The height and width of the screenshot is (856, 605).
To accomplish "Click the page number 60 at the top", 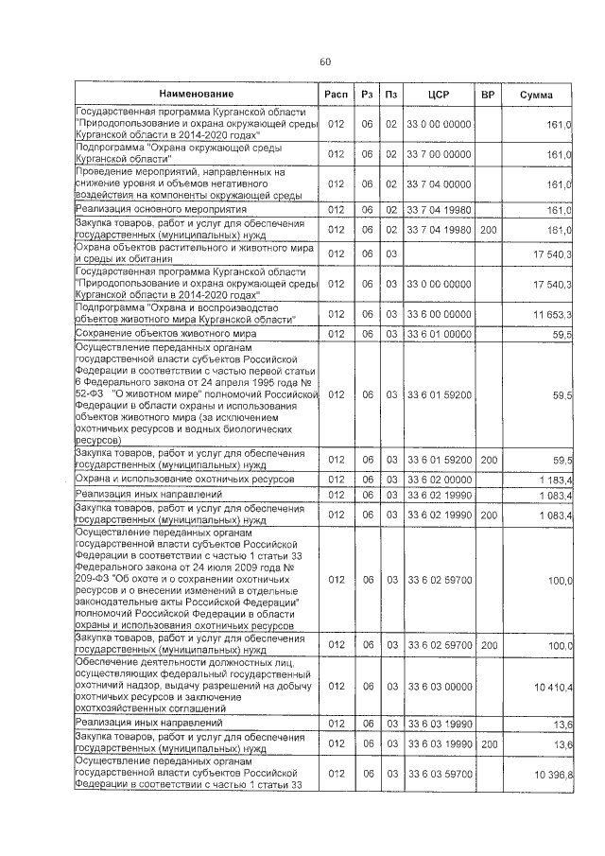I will [x=324, y=61].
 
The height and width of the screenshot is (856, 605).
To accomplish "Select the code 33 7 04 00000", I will [x=438, y=184].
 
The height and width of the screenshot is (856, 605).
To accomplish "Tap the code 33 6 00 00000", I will [x=438, y=313].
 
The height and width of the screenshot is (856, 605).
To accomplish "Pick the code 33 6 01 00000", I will [x=438, y=334].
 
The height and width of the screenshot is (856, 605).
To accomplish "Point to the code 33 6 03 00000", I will [x=438, y=686].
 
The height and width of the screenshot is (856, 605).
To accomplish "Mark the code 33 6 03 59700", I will [x=438, y=774].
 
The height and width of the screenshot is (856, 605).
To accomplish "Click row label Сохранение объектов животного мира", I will [x=157, y=334].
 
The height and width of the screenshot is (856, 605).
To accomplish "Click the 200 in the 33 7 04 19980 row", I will [x=488, y=229].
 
